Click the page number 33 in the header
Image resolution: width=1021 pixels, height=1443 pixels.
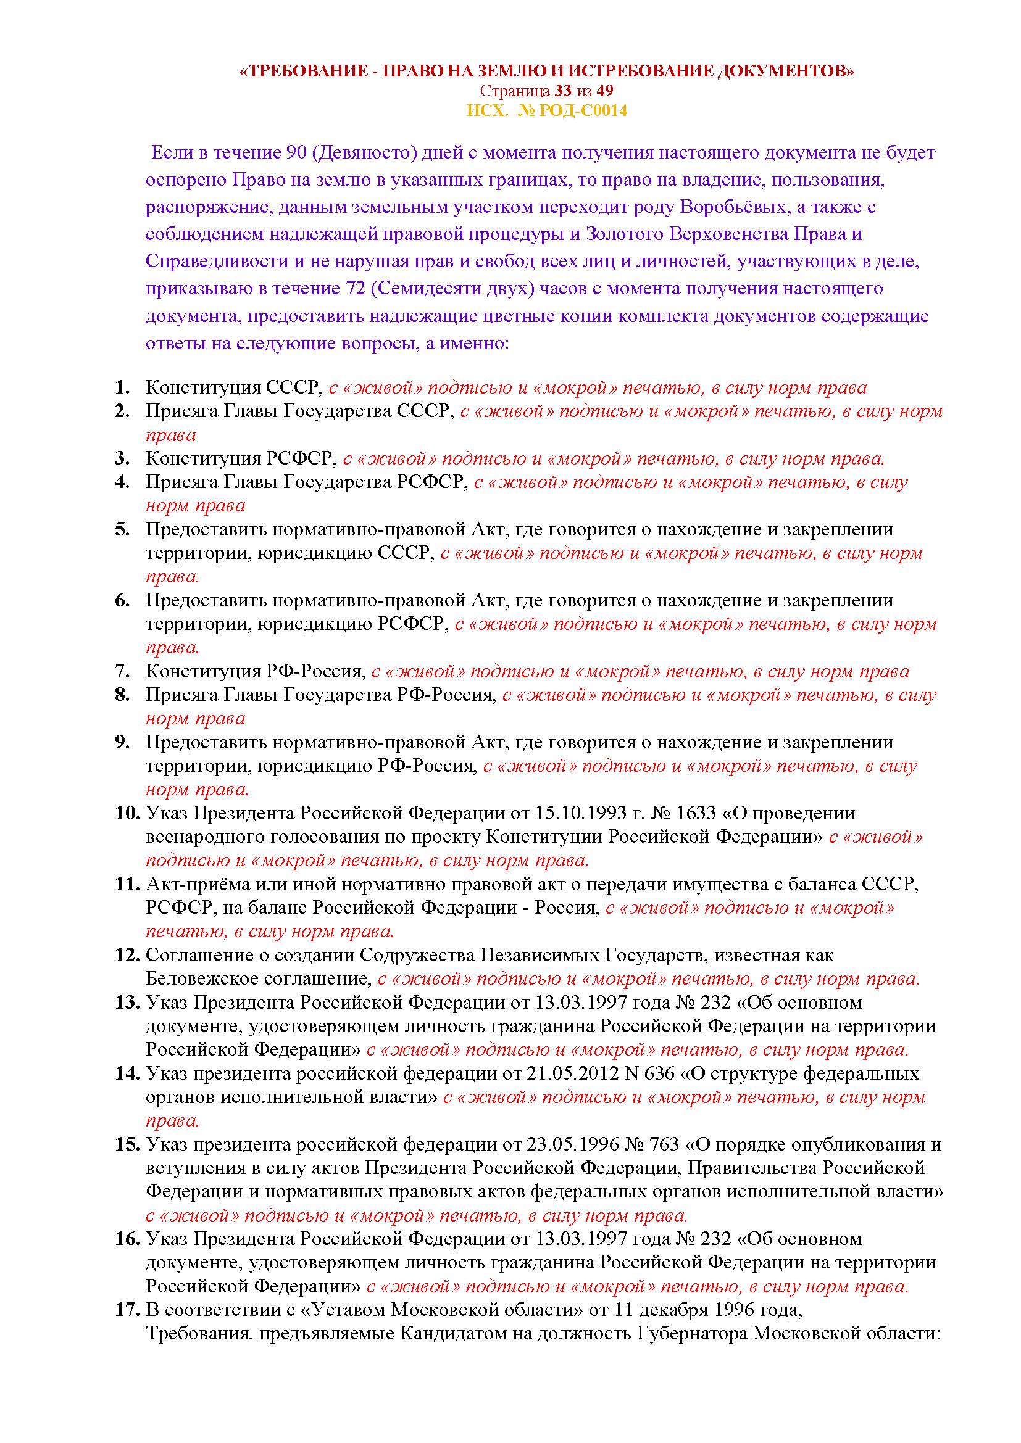[563, 91]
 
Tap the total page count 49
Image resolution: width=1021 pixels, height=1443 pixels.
[605, 91]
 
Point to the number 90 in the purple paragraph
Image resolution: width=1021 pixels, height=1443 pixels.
[296, 153]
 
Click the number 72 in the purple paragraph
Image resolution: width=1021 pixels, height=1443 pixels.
[352, 289]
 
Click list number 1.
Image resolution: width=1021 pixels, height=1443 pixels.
[122, 388]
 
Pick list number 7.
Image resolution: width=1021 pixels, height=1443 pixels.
[122, 671]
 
